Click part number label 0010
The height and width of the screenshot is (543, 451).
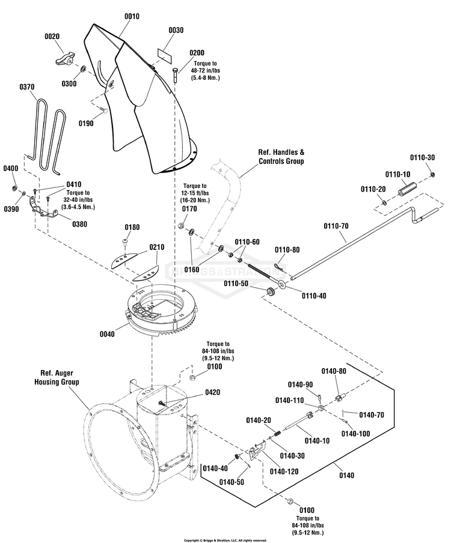(x=132, y=16)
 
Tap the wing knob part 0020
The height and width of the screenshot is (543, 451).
(x=64, y=59)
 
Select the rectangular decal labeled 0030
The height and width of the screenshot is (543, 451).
(x=165, y=56)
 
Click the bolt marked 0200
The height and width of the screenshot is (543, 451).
(x=175, y=75)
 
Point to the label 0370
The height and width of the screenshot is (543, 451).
(x=27, y=86)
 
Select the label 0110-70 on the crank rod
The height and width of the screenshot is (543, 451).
(x=336, y=226)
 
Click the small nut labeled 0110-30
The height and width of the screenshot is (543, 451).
(x=432, y=174)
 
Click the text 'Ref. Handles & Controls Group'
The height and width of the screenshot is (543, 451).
(x=281, y=157)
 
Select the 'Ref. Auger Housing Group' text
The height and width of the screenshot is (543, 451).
(x=57, y=377)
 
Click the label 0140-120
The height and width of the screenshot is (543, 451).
(x=284, y=472)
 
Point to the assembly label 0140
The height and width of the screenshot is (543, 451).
(x=346, y=476)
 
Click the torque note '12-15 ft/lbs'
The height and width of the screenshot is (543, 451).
(x=194, y=193)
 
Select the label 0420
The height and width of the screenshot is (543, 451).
(x=212, y=392)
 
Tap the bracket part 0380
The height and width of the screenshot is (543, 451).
(x=43, y=209)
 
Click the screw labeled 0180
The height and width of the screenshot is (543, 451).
(x=126, y=241)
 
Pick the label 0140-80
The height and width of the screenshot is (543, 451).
(x=334, y=371)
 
